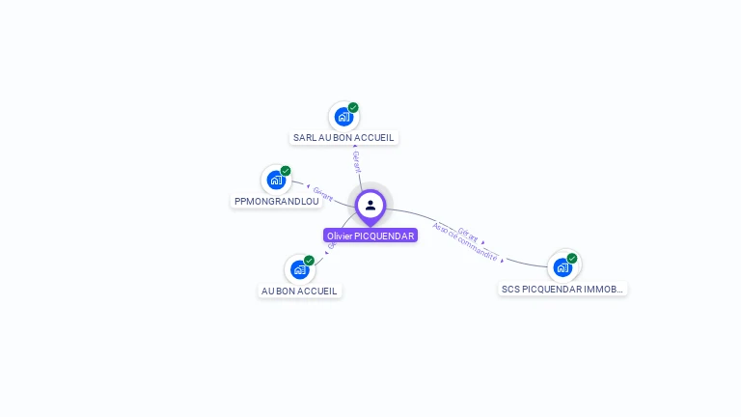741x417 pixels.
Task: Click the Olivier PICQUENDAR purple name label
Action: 370,236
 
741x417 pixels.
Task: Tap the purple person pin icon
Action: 370,205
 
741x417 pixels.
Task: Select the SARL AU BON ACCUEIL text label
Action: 344,138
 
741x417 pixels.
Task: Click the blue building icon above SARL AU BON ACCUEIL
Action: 343,117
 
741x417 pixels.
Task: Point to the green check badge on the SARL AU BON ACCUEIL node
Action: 353,107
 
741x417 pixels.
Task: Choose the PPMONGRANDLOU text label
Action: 276,201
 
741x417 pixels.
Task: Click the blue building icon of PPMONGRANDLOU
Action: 276,180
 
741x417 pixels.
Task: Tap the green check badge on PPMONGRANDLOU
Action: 286,171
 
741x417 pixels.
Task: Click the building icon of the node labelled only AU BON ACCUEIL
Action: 299,269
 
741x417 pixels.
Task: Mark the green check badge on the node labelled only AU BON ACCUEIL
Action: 309,261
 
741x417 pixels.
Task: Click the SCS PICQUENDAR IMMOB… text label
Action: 563,289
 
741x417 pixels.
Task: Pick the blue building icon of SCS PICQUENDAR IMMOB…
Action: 563,266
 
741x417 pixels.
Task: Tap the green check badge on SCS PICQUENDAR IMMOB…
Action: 572,258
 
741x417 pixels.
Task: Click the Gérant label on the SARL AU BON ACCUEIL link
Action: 356,160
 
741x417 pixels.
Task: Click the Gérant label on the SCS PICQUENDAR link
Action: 468,233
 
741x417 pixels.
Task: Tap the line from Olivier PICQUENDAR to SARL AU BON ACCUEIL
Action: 360,178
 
